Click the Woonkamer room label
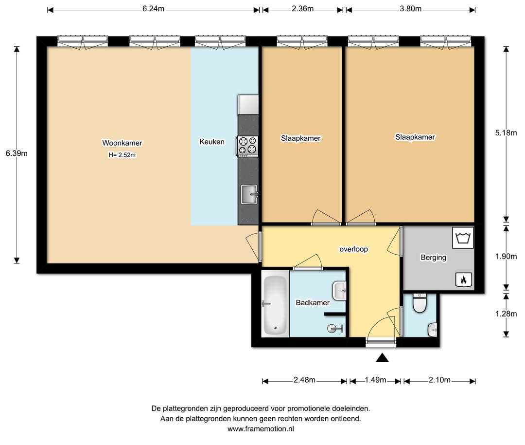(122, 143)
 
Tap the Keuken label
(212, 142)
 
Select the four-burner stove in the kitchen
(247, 146)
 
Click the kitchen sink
(249, 194)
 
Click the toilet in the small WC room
(419, 302)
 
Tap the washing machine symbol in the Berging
(463, 238)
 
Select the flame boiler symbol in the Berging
(464, 279)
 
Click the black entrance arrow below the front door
(382, 358)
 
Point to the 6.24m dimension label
(153, 9)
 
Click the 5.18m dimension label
(506, 133)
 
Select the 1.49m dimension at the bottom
(375, 380)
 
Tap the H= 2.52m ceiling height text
(122, 155)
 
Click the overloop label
(353, 249)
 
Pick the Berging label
(434, 258)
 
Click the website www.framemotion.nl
(261, 428)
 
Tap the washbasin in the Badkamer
(339, 291)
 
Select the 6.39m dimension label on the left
(17, 153)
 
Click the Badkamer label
(313, 303)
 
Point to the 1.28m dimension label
(506, 314)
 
